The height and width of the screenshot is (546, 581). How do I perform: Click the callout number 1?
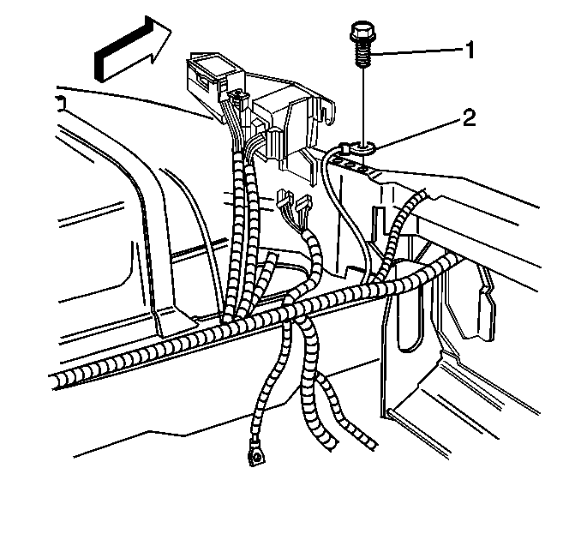pos(470,50)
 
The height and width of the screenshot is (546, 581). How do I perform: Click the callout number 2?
pos(469,118)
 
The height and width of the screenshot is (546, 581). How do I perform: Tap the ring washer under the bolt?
pos(363,148)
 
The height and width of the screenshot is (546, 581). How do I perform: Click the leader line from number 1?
pos(416,52)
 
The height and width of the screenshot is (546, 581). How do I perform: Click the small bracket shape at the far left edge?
pos(61,104)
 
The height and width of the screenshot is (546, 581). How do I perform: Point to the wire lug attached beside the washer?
pos(344,148)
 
